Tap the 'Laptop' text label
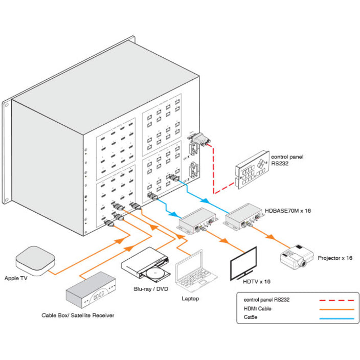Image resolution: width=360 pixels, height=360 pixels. pyautogui.click(x=190, y=298)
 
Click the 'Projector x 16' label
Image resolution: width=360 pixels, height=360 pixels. pyautogui.click(x=335, y=258)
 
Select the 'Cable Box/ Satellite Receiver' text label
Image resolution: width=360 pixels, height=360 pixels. pyautogui.click(x=78, y=316)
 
